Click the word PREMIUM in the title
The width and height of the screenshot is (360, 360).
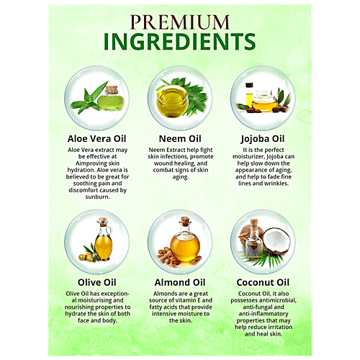(x=180, y=22)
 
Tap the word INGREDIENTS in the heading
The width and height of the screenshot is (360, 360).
(x=179, y=42)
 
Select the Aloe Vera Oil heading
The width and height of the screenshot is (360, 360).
(x=96, y=139)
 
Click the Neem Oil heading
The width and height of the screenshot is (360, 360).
(x=180, y=139)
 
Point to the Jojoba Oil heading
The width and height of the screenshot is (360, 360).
(x=263, y=139)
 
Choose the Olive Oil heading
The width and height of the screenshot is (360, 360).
(x=97, y=282)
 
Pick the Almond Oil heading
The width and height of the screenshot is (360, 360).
(x=180, y=282)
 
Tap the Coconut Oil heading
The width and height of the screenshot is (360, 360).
(x=263, y=282)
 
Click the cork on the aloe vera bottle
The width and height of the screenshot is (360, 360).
(x=112, y=90)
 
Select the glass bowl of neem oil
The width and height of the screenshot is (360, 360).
(x=172, y=102)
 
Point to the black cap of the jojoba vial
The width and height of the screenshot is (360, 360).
(x=249, y=85)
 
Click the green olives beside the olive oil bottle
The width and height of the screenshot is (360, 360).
(x=86, y=256)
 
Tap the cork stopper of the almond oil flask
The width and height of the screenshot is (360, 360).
(x=185, y=220)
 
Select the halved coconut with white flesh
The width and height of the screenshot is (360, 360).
(x=276, y=240)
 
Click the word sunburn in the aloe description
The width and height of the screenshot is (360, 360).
(x=97, y=197)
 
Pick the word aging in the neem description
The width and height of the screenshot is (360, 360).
(x=181, y=177)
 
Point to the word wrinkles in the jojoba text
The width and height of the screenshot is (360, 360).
(x=276, y=184)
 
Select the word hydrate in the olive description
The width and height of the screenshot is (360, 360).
(x=76, y=314)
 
